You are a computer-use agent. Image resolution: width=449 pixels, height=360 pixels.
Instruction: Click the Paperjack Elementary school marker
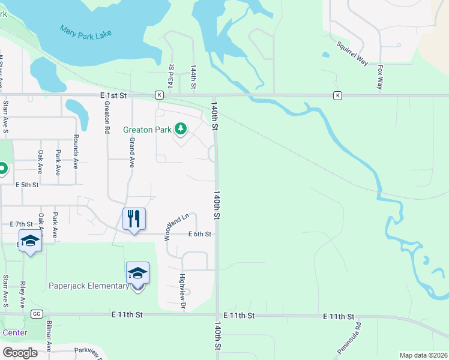pyautogui.click(x=137, y=273)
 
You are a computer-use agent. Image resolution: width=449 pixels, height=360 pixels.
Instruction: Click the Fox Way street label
pyautogui.click(x=381, y=77)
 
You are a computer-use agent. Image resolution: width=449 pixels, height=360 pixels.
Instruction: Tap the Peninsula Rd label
pyautogui.click(x=358, y=333)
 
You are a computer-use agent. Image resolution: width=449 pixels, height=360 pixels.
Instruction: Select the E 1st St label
pyautogui.click(x=113, y=95)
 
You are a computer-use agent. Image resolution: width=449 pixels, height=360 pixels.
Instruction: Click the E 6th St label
pyautogui.click(x=200, y=234)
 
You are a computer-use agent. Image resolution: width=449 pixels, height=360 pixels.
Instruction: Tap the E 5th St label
pyautogui.click(x=27, y=185)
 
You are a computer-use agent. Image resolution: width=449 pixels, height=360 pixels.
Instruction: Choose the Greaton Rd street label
pyautogui.click(x=106, y=117)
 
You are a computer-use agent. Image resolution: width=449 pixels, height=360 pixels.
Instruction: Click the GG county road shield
pyautogui.click(x=37, y=314)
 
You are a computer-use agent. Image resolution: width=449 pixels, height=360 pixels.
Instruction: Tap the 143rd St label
pyautogui.click(x=171, y=77)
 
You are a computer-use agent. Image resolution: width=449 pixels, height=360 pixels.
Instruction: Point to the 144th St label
pyautogui.click(x=193, y=77)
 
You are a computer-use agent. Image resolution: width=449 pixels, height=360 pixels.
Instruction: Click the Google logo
pyautogui.click(x=20, y=352)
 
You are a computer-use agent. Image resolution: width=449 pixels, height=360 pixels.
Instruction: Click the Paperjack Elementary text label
pyautogui.click(x=89, y=286)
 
